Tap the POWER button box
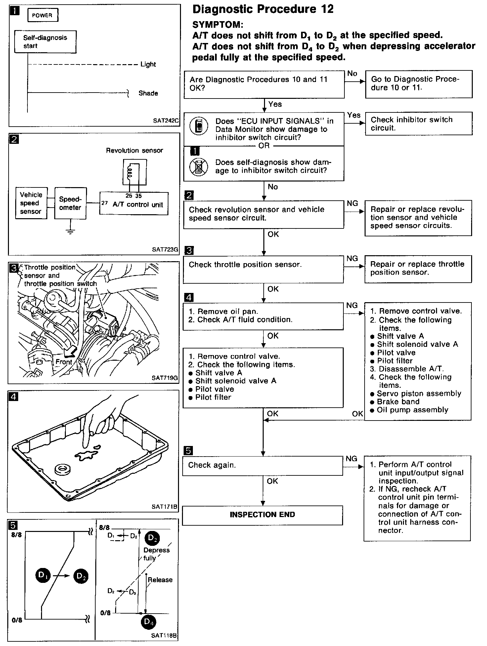click(43, 16)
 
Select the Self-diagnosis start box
click(45, 42)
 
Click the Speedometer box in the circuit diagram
click(70, 203)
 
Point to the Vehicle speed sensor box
click(31, 203)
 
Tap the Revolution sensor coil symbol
click(130, 172)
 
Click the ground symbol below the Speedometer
click(70, 231)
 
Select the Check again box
click(262, 465)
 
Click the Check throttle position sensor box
click(263, 269)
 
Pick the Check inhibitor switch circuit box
click(419, 124)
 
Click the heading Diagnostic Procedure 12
click(263, 9)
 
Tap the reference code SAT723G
click(165, 250)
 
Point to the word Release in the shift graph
click(160, 580)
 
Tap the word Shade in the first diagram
click(148, 93)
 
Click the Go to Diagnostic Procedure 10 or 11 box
click(419, 84)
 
